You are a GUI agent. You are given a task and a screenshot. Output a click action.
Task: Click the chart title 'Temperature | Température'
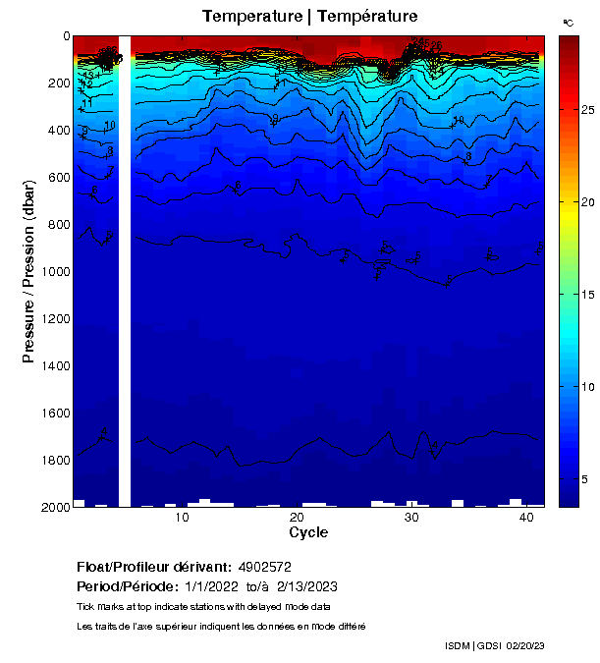click(309, 17)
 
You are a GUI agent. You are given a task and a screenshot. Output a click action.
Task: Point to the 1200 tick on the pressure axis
click(52, 318)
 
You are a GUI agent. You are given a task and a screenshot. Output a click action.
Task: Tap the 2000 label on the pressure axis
click(52, 507)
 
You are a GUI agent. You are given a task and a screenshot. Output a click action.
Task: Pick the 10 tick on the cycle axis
click(182, 517)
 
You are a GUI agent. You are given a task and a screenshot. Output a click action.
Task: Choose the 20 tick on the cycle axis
click(297, 517)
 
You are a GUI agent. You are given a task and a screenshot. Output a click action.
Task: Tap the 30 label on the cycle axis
click(411, 517)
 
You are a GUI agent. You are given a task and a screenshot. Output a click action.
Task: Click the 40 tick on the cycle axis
click(526, 517)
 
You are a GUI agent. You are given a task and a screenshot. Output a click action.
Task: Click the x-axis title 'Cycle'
click(308, 532)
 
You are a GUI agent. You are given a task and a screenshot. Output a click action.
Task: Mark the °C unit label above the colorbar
click(568, 22)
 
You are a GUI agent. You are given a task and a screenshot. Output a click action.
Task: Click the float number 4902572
click(265, 567)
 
